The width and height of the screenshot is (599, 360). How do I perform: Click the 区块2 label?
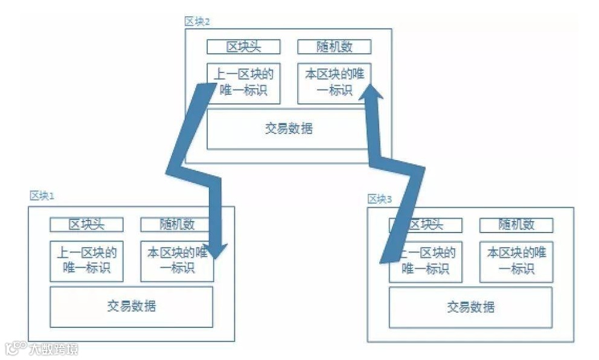(197, 22)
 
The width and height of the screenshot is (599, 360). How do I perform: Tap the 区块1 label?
(42, 196)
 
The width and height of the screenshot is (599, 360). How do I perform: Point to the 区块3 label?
(380, 199)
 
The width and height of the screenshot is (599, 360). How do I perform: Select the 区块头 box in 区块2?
(243, 47)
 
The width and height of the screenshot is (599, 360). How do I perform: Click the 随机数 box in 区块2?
(334, 47)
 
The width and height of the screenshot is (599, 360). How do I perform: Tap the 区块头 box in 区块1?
(86, 225)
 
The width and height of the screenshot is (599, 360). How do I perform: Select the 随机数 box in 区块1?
(177, 225)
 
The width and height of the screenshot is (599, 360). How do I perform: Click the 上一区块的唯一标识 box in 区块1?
(86, 261)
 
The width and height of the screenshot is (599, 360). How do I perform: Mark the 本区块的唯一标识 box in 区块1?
(177, 261)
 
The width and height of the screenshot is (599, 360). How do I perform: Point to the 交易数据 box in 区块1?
(131, 306)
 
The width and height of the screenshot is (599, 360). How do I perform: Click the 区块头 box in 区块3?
(426, 225)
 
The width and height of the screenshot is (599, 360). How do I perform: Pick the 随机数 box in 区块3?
(516, 225)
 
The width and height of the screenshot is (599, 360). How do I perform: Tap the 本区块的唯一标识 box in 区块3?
(516, 261)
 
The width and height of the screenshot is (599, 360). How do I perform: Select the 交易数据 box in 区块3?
(470, 307)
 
